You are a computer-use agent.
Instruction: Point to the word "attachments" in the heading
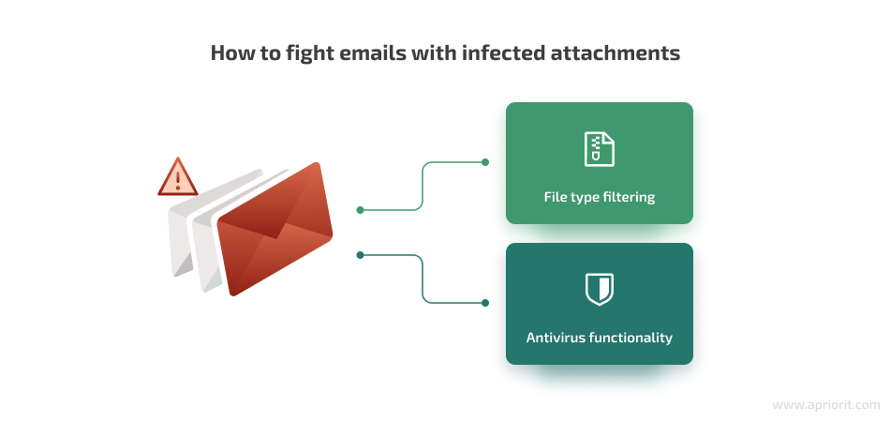click(x=615, y=53)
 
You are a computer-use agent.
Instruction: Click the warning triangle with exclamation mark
click(x=178, y=176)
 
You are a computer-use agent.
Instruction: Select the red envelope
click(x=274, y=229)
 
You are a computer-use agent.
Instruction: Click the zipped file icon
click(x=600, y=149)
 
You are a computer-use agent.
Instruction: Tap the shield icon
click(x=600, y=289)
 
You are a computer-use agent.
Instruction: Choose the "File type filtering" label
click(x=600, y=197)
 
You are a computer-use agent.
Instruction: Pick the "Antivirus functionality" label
click(x=600, y=338)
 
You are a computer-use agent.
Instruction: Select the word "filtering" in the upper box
click(x=631, y=198)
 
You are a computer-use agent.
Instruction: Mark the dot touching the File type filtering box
click(x=484, y=162)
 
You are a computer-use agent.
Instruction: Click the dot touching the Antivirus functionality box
click(x=484, y=303)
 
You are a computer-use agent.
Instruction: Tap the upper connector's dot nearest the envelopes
click(x=360, y=210)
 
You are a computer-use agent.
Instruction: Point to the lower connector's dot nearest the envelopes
click(x=360, y=255)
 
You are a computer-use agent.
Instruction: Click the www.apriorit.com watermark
click(x=826, y=405)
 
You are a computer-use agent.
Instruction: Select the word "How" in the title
click(x=229, y=53)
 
